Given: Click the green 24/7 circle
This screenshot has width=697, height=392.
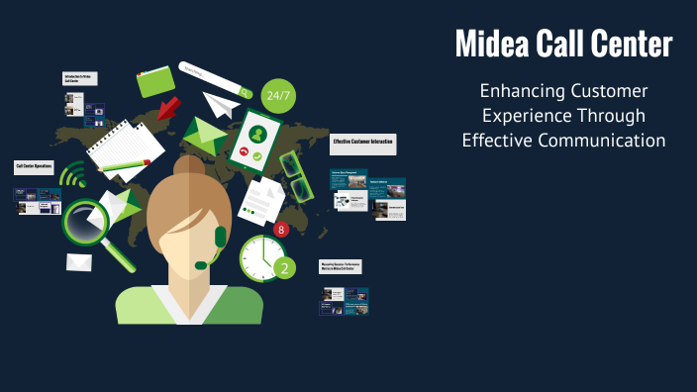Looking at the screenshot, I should point(278,96).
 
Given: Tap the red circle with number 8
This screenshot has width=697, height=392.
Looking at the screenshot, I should point(280,230).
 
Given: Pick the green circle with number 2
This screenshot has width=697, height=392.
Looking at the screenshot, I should point(284,266).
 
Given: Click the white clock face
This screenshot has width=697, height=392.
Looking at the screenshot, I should point(260,256).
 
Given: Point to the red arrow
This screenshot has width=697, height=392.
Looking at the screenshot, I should point(168,106).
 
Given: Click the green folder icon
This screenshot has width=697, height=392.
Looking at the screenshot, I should point(156,80).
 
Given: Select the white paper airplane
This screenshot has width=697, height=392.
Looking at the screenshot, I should point(222,103).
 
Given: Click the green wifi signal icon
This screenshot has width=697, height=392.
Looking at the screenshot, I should point(72,177).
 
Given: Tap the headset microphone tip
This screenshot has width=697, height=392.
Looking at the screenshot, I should point(201,264).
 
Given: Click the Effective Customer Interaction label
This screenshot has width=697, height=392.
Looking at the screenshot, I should point(363,144).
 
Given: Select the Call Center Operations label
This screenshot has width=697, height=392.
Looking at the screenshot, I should point(34,166).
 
